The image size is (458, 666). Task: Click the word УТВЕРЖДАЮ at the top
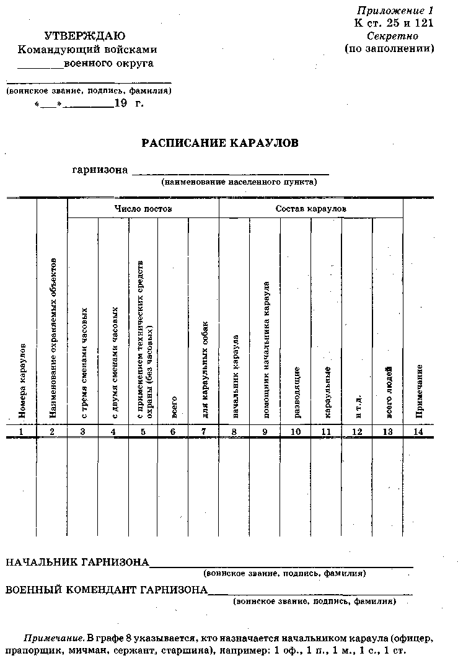coord(85,36)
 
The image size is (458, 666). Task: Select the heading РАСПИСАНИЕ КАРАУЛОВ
coord(220,143)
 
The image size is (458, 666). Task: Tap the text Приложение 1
coord(395,11)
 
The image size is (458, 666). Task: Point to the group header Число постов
coord(143,209)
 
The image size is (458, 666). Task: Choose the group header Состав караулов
coord(310,209)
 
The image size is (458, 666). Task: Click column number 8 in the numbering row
coord(234,431)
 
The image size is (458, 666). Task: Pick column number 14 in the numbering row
coord(418,431)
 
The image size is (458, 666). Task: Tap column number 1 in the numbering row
coord(21,431)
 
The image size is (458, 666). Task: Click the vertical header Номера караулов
coord(22,379)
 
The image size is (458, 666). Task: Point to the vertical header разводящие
coord(296,392)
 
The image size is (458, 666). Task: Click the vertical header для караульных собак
coord(205,369)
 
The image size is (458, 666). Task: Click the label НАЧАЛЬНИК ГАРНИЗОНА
coord(77,563)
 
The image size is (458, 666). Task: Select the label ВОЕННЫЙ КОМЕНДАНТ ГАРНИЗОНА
coord(107,590)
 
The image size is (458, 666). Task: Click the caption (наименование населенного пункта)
coord(239,182)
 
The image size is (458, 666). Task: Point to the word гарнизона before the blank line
coord(100,169)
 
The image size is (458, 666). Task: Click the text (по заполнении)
coord(389,48)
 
